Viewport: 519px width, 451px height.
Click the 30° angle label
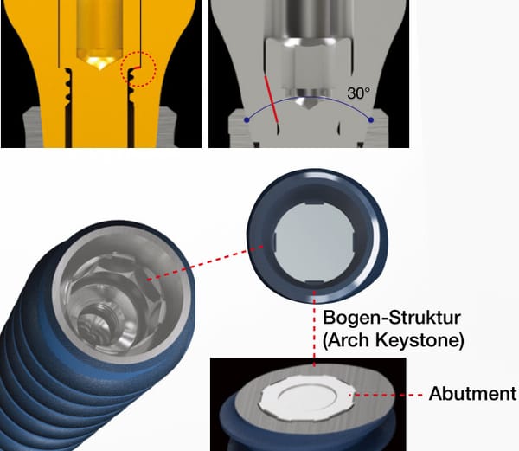tap(359, 93)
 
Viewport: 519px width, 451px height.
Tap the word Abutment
tap(472, 394)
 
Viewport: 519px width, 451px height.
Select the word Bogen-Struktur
tap(392, 318)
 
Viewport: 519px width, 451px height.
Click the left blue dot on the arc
tap(247, 119)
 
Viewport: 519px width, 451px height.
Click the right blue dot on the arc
tap(371, 119)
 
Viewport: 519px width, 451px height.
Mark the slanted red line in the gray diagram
tap(271, 99)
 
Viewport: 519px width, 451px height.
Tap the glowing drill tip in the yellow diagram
tap(99, 63)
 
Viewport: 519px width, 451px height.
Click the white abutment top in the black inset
tap(308, 398)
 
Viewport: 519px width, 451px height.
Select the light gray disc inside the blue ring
tap(315, 242)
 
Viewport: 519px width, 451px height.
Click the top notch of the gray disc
tap(315, 203)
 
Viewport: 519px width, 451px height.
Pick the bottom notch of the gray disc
tap(314, 282)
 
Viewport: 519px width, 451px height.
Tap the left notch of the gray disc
tap(275, 241)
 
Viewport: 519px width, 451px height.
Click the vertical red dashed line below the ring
tap(315, 328)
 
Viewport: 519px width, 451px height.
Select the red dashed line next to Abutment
tap(386, 395)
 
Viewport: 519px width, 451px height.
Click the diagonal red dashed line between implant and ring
tap(205, 263)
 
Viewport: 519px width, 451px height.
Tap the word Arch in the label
tap(349, 339)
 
